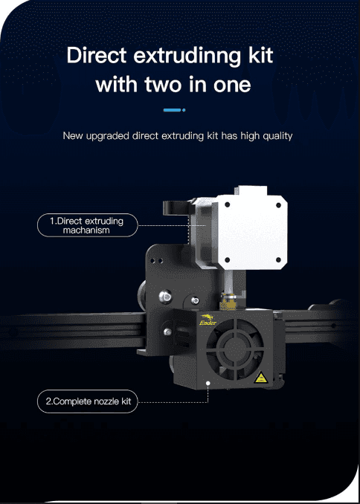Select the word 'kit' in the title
point(259,56)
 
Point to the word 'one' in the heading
point(230,85)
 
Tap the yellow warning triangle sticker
point(261,378)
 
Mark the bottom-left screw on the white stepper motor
point(225,259)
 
